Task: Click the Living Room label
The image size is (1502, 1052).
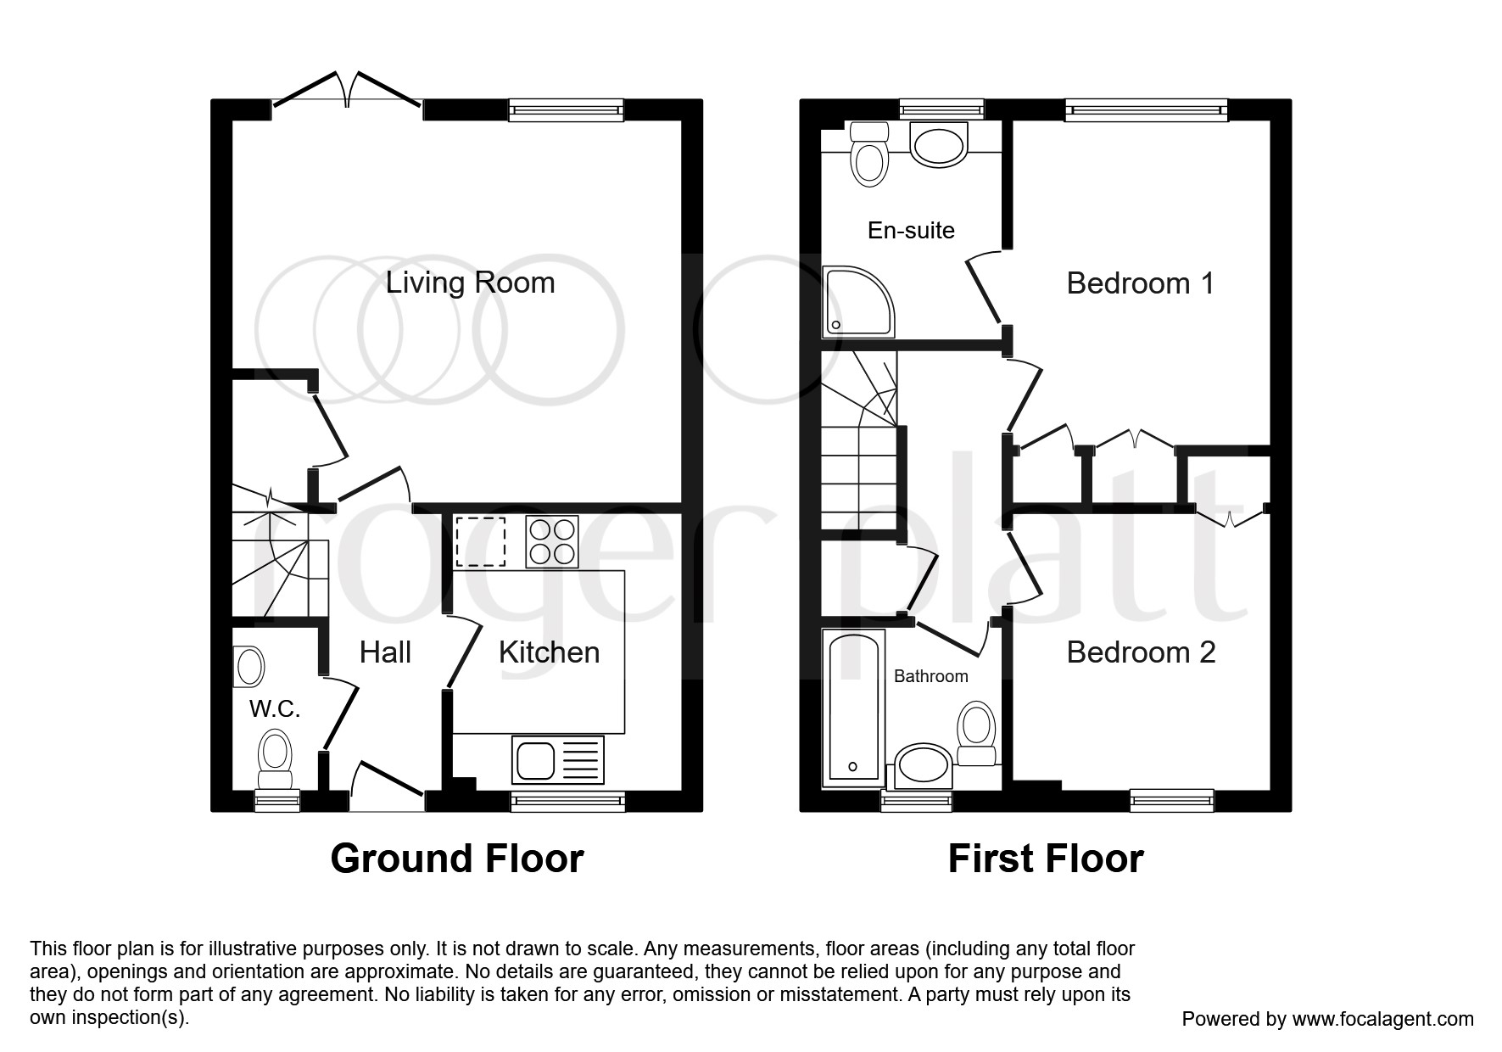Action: (470, 283)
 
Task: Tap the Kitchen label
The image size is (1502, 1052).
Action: (549, 652)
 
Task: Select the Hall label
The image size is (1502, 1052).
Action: (385, 652)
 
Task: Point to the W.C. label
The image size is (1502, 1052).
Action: (275, 708)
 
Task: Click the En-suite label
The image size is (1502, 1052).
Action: (911, 230)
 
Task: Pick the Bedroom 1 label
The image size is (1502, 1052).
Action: (1140, 283)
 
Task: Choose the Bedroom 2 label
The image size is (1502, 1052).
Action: (1141, 652)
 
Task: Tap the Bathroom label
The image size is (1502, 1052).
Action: (930, 676)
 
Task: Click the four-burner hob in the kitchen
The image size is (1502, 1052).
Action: (552, 541)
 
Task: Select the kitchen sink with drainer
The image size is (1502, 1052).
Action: (558, 760)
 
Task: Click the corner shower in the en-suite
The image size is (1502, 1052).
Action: (857, 301)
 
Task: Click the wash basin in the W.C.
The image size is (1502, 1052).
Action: (249, 666)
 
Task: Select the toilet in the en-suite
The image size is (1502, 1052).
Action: (868, 154)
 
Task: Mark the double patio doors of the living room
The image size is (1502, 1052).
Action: (347, 90)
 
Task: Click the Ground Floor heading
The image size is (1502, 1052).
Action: (457, 859)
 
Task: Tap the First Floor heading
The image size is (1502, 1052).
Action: (1046, 859)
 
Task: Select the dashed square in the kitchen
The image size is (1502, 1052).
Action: (480, 541)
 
